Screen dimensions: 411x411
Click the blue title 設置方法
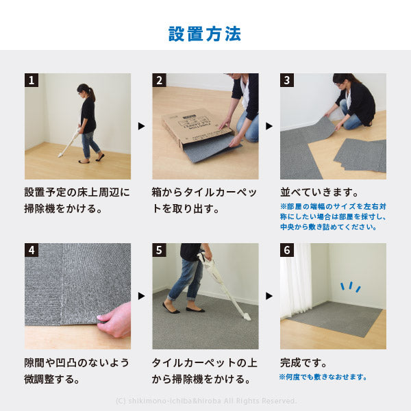pyautogui.click(x=205, y=34)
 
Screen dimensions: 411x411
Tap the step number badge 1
pyautogui.click(x=32, y=80)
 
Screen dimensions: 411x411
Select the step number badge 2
pyautogui.click(x=159, y=80)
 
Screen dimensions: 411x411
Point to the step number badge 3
pyautogui.click(x=287, y=80)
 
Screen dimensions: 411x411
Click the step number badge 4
pyautogui.click(x=32, y=250)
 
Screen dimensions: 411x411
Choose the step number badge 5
pyautogui.click(x=159, y=250)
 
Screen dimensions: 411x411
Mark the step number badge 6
pyautogui.click(x=287, y=250)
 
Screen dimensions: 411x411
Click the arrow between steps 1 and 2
pyautogui.click(x=141, y=126)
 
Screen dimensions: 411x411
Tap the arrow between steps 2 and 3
pyautogui.click(x=269, y=126)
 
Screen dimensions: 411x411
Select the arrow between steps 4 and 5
pyautogui.click(x=141, y=296)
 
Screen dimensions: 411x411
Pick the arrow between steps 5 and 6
pyautogui.click(x=269, y=296)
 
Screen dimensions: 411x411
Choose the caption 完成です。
pyautogui.click(x=303, y=362)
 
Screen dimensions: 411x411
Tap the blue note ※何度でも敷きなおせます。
pyautogui.click(x=323, y=377)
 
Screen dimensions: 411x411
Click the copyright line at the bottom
pyautogui.click(x=206, y=401)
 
